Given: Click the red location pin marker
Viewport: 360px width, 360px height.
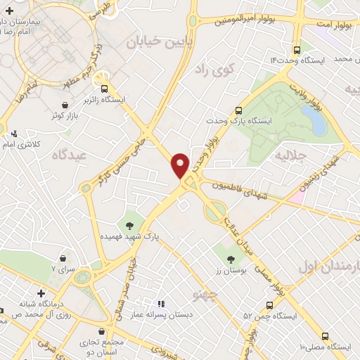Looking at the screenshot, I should click(181, 165).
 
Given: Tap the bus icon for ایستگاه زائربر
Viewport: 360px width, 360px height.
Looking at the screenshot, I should click(105, 89).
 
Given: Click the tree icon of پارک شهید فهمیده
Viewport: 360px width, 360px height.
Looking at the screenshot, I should click(129, 226).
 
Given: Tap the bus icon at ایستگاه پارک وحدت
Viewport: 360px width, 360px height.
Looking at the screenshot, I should click(239, 110).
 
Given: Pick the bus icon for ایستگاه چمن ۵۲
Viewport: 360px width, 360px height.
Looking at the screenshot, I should click(269, 305).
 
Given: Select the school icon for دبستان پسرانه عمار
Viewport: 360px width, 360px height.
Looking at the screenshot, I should click(162, 304).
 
